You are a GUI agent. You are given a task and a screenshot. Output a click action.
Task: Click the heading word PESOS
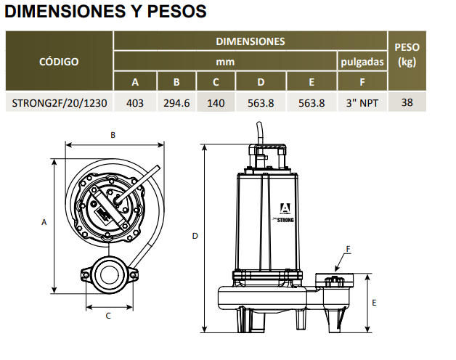coord(176,12)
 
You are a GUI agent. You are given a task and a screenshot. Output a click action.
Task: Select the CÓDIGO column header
coord(59,62)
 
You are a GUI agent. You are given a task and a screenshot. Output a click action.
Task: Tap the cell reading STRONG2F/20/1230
coord(60,103)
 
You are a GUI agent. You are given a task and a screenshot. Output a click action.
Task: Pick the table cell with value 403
coord(135,103)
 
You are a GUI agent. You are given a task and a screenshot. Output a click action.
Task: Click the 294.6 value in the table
coord(176,103)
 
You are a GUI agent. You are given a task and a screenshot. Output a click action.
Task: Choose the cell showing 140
coord(216,103)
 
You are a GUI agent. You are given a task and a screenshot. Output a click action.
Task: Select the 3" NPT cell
coord(362,103)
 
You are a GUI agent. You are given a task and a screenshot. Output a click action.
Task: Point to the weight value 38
coord(407,102)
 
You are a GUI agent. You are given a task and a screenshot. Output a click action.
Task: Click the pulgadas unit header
coord(362,62)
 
